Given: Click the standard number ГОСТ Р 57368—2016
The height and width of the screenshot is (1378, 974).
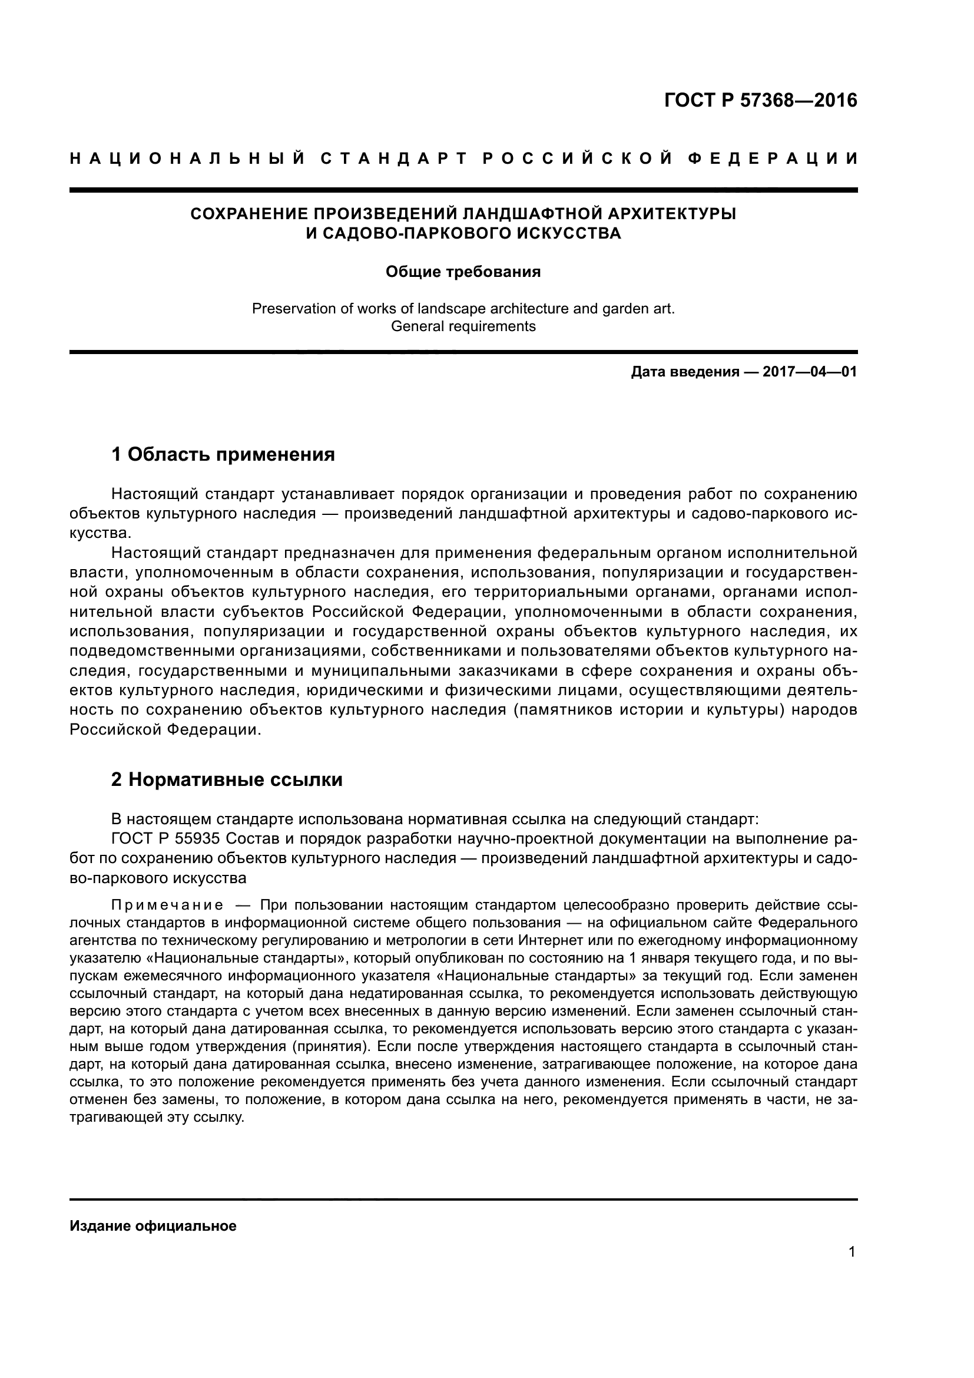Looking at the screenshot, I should click(x=760, y=100).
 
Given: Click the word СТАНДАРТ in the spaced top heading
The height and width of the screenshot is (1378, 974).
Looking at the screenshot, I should click(x=393, y=158).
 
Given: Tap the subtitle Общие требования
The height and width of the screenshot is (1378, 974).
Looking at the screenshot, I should click(x=462, y=272).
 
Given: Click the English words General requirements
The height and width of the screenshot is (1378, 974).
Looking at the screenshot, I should click(x=462, y=326).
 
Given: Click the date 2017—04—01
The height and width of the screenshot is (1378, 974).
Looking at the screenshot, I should click(x=809, y=372).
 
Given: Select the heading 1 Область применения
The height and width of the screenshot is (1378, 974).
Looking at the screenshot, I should click(x=223, y=454).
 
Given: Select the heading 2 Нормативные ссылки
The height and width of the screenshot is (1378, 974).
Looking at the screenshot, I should click(x=227, y=779).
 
